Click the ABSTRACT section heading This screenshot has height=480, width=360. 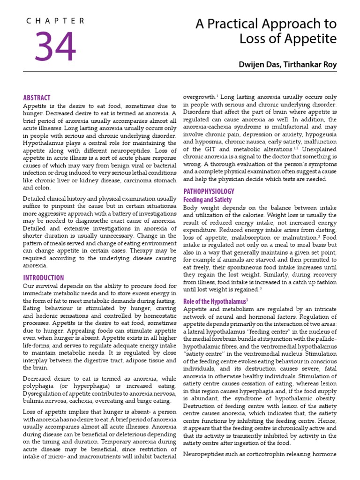(x=37, y=97)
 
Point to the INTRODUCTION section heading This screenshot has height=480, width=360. (x=44, y=278)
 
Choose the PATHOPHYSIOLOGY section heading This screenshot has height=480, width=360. (x=209, y=191)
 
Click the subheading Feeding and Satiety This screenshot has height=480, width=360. (x=207, y=200)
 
